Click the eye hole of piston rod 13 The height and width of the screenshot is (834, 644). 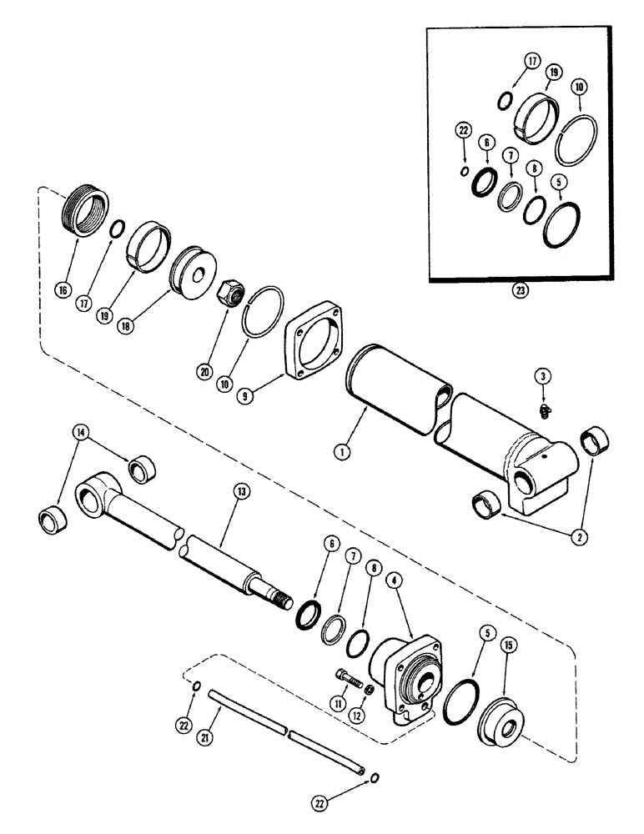pos(88,500)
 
